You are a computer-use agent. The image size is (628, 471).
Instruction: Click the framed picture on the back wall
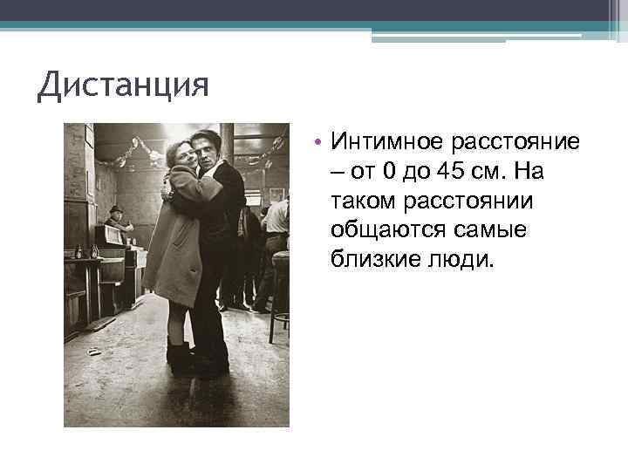tap(276, 194)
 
